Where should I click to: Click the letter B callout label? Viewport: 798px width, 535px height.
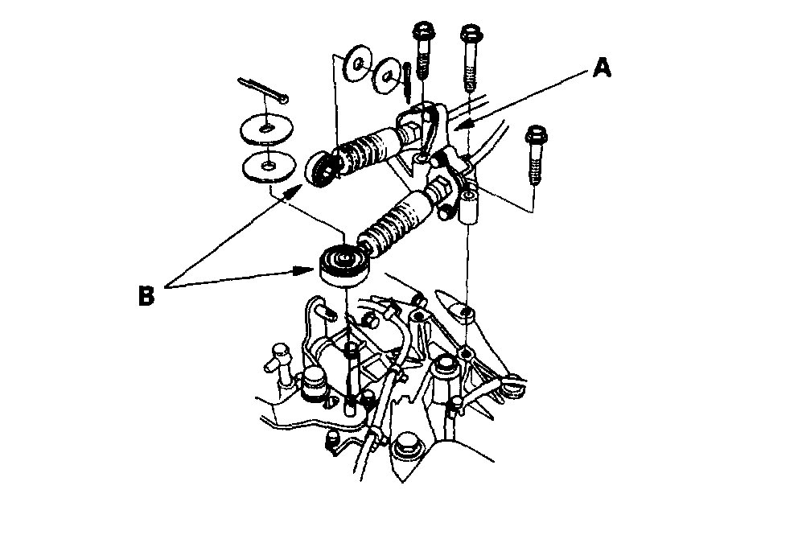146,294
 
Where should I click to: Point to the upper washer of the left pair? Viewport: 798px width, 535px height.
265,129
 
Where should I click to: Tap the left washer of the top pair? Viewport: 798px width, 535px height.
354,64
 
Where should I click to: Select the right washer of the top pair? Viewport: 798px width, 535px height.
388,76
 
